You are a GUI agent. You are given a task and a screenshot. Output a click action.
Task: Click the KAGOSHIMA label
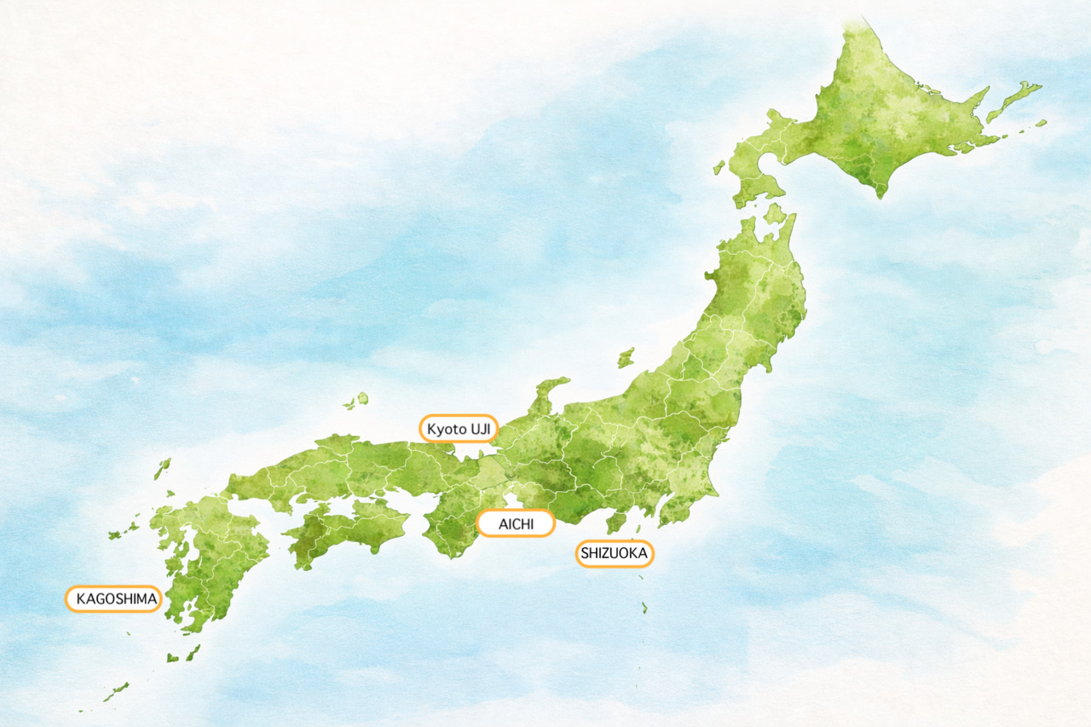tap(113, 599)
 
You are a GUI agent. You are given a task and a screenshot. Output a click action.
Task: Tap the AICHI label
tap(516, 523)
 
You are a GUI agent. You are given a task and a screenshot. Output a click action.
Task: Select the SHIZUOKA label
tap(615, 554)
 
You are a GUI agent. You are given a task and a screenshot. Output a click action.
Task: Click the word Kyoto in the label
tap(447, 428)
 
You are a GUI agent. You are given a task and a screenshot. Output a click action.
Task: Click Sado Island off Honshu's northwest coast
tap(626, 357)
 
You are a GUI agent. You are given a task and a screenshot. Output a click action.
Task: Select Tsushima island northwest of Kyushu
tap(162, 469)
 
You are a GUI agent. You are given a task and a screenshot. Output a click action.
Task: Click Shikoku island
tap(345, 530)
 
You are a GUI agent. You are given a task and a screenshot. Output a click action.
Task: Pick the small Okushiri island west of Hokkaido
tap(719, 168)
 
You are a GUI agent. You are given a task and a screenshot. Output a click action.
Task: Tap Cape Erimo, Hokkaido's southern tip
tap(878, 192)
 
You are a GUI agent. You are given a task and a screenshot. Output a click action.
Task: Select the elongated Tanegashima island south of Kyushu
tap(193, 652)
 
